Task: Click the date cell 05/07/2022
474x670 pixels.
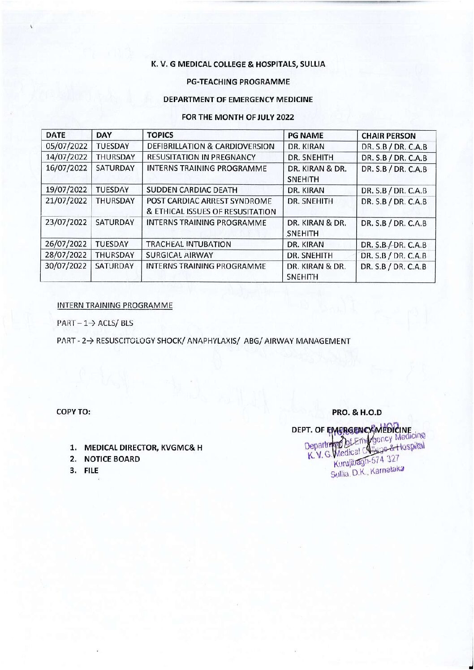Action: tap(66, 146)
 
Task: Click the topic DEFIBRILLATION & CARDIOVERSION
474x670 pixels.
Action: tap(211, 146)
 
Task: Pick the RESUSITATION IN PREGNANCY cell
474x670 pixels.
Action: tap(201, 157)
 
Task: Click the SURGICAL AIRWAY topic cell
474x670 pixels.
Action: tap(177, 256)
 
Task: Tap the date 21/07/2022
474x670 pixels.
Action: tap(66, 201)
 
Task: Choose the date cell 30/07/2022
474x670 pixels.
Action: tap(66, 266)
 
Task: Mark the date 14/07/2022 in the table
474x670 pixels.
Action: tap(66, 157)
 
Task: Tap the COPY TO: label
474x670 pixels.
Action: tap(74, 411)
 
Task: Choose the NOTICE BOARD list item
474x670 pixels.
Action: tap(112, 459)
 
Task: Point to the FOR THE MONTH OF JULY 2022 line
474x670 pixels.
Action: tap(237, 117)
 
